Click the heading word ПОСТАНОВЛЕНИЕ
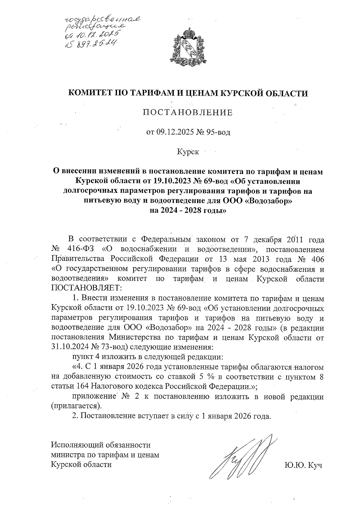[x=188, y=112]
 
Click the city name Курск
[x=188, y=152]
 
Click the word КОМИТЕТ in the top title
[x=91, y=93]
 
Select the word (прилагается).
[x=76, y=406]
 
